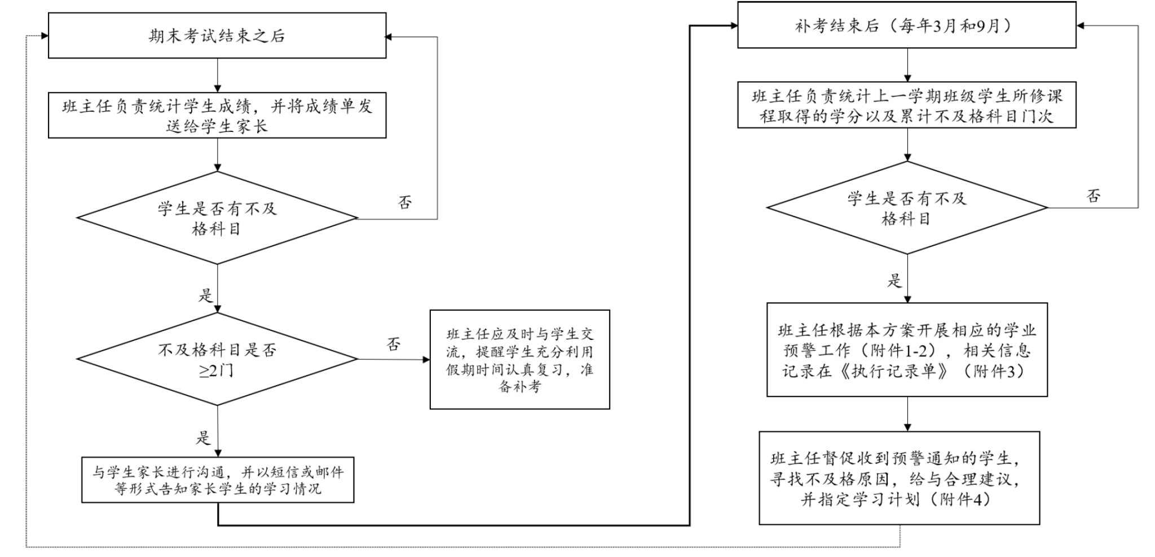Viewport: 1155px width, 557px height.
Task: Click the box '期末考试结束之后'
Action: coord(217,36)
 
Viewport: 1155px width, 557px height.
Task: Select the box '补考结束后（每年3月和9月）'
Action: coord(906,25)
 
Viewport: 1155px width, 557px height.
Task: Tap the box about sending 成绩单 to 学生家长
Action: coord(217,115)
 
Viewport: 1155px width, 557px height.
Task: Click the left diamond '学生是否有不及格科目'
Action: coord(217,218)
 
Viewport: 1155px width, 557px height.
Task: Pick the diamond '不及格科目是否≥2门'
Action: coord(217,359)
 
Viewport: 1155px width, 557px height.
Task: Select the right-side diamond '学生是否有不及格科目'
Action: coord(907,207)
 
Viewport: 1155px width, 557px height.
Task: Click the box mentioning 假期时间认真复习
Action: coord(519,359)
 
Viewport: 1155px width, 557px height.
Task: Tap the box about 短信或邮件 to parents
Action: coord(218,480)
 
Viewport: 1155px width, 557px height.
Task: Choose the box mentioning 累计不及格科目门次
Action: coord(906,105)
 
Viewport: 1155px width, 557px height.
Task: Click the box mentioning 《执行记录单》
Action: coord(907,350)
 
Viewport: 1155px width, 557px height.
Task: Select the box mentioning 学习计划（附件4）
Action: coord(899,478)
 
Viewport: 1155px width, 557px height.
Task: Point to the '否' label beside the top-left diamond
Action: coord(405,202)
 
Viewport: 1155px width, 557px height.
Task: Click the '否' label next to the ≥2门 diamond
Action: coord(394,344)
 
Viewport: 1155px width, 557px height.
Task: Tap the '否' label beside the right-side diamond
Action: coord(1093,196)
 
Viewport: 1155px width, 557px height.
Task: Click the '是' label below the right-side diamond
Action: coord(894,280)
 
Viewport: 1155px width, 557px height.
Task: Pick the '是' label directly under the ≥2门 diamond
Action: coord(203,437)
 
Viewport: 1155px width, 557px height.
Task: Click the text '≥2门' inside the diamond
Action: coord(216,370)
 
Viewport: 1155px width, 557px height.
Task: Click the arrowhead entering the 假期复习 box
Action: coord(426,359)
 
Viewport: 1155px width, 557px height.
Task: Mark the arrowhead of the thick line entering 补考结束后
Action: coord(734,25)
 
